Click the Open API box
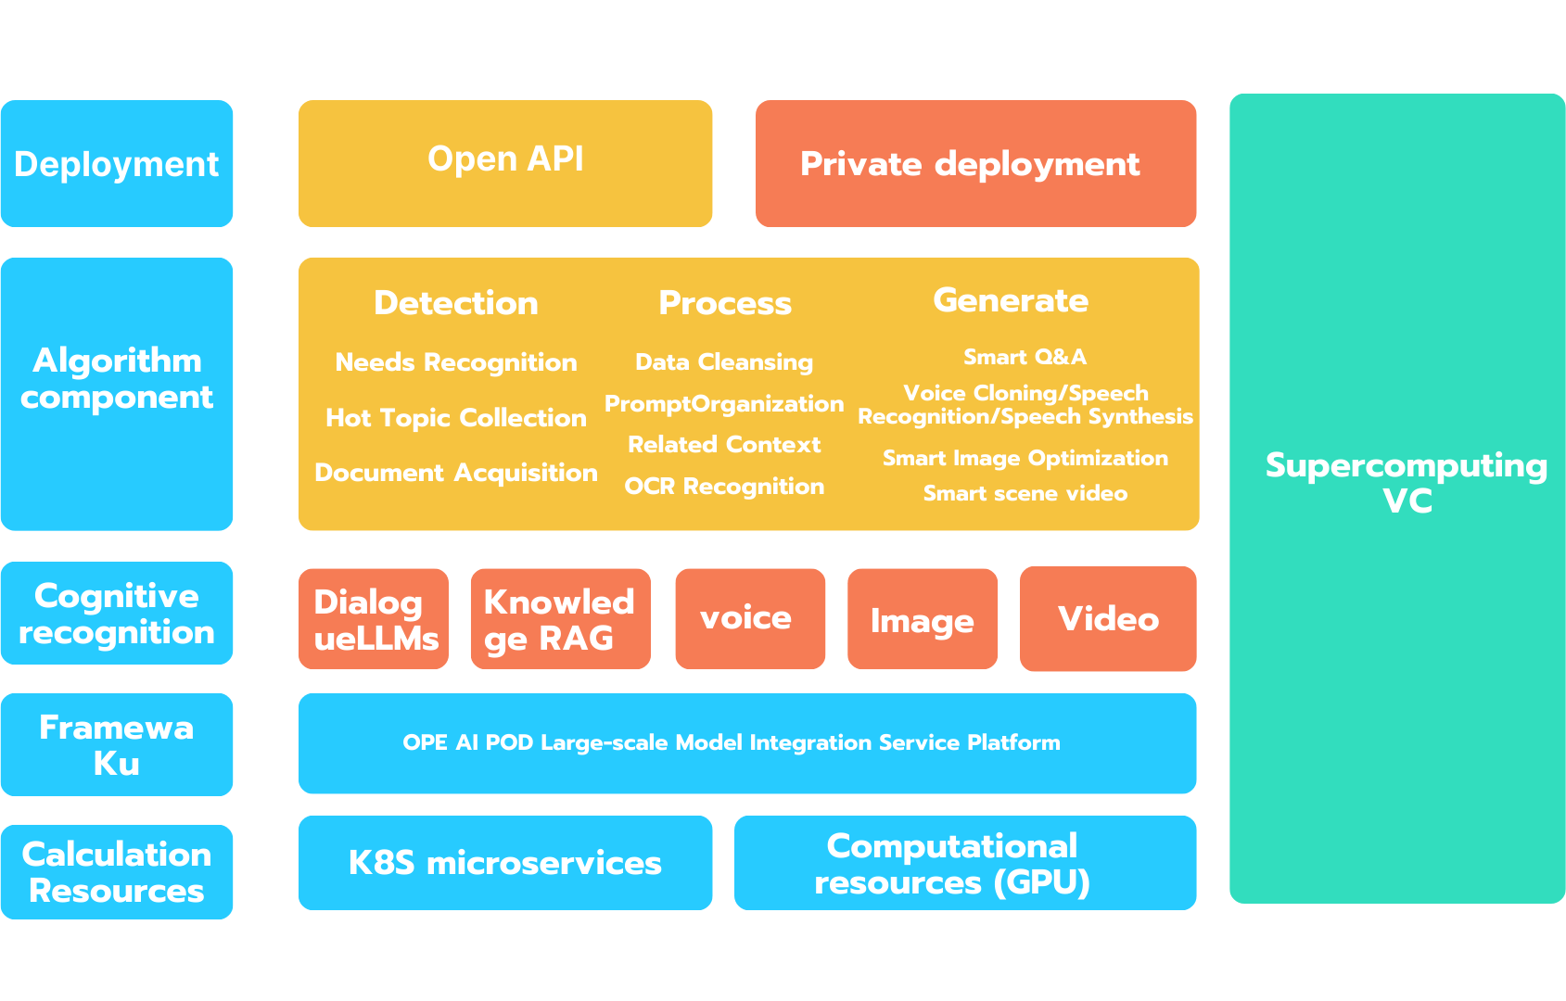point(505,163)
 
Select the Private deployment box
point(975,163)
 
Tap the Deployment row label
point(117,164)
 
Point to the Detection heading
point(455,303)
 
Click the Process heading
point(725,303)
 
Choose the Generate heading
point(1011,300)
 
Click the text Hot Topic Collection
point(455,418)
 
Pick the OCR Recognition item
point(724,487)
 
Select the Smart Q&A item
point(1025,357)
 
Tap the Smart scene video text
point(1025,493)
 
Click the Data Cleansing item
point(724,362)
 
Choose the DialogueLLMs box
point(374,619)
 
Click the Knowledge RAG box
point(560,619)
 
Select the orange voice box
point(749,618)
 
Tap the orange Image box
point(922,620)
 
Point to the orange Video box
point(1108,618)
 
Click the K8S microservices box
point(505,863)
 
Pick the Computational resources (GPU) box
point(964,863)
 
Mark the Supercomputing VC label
point(1406,483)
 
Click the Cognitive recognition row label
point(117,614)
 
